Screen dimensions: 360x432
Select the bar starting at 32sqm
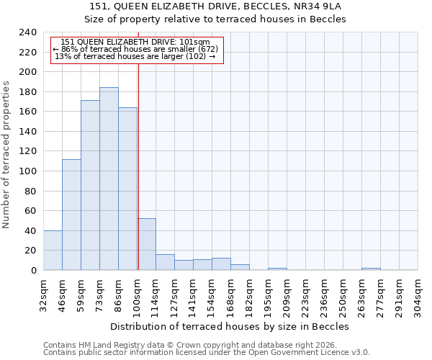click(53, 250)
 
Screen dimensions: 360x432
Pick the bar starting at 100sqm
click(146, 244)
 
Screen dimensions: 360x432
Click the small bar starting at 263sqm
click(371, 269)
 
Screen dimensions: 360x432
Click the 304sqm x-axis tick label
click(418, 294)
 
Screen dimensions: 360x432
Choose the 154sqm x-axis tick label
click(212, 294)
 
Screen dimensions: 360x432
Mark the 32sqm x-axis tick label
click(43, 294)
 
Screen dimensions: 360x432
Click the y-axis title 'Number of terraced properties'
click(6, 155)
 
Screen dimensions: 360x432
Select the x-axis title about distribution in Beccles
click(230, 326)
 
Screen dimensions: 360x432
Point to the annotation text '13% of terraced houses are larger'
click(135, 56)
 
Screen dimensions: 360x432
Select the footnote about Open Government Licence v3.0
click(207, 353)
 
